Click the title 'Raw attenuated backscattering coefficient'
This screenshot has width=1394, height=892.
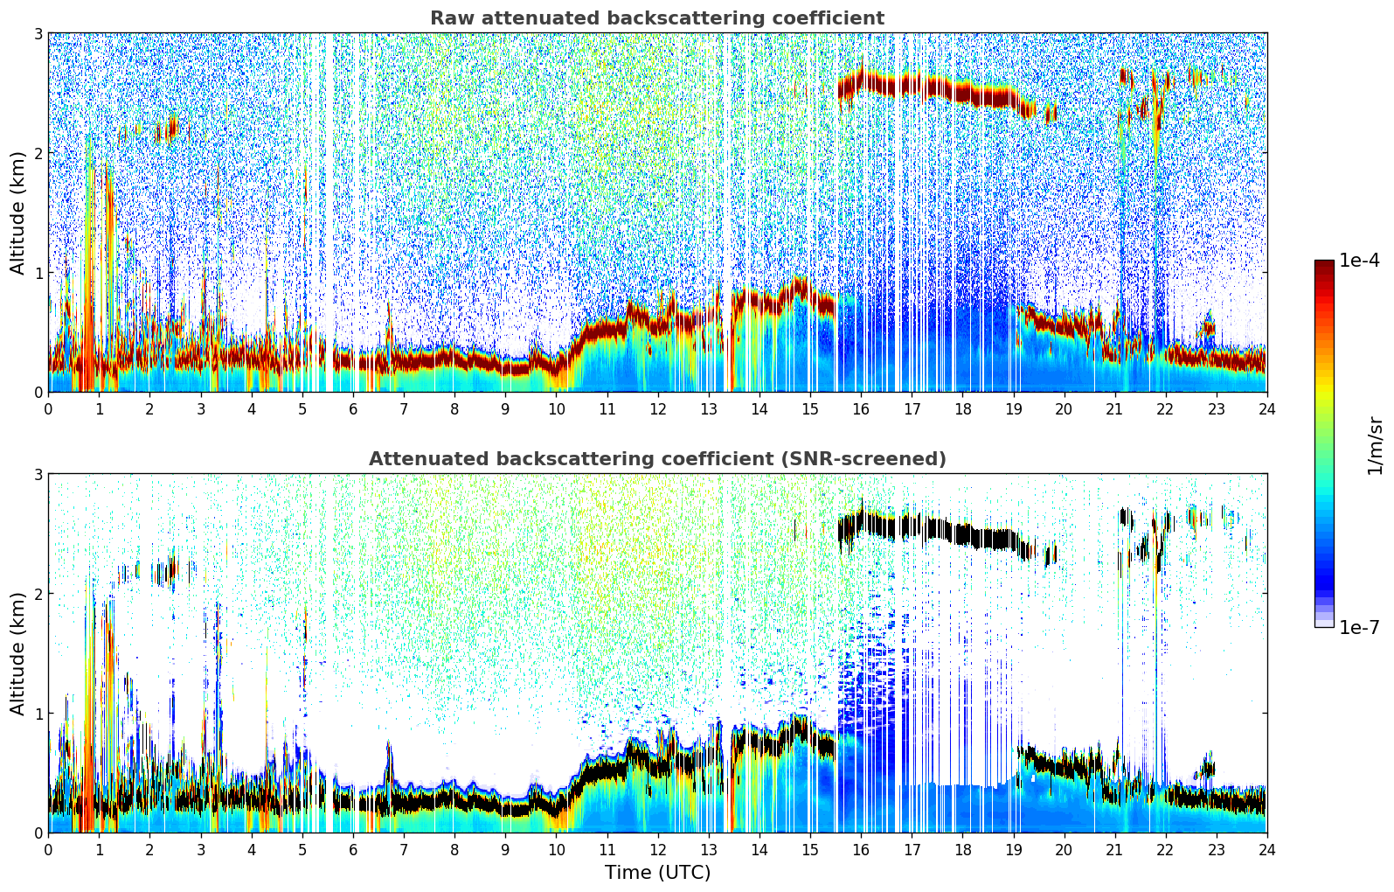(x=656, y=18)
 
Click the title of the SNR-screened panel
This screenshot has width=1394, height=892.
(x=656, y=459)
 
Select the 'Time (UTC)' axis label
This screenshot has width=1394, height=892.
(x=657, y=873)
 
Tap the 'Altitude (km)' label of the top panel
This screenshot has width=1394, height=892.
(x=18, y=213)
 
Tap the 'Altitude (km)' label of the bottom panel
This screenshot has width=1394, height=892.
(x=18, y=653)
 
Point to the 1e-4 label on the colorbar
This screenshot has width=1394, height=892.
(x=1359, y=261)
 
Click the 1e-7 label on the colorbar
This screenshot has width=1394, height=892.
(x=1359, y=627)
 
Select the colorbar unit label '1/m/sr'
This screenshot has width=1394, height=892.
(x=1375, y=445)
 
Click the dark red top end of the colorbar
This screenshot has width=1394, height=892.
(x=1324, y=264)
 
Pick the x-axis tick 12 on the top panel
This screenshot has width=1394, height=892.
(x=657, y=409)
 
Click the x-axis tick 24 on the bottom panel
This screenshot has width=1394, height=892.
(x=1266, y=850)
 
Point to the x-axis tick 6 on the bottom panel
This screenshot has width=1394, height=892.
(x=353, y=850)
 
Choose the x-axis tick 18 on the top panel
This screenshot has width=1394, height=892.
(x=962, y=409)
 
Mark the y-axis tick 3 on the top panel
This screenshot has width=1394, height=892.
(x=38, y=33)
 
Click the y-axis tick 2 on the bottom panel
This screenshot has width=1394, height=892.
(x=38, y=594)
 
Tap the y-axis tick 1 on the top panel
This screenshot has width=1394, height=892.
(x=38, y=273)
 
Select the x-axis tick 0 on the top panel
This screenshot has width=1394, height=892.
(x=48, y=409)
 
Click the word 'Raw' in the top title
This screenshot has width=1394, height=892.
(x=450, y=18)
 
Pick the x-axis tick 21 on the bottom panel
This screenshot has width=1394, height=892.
(x=1114, y=850)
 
